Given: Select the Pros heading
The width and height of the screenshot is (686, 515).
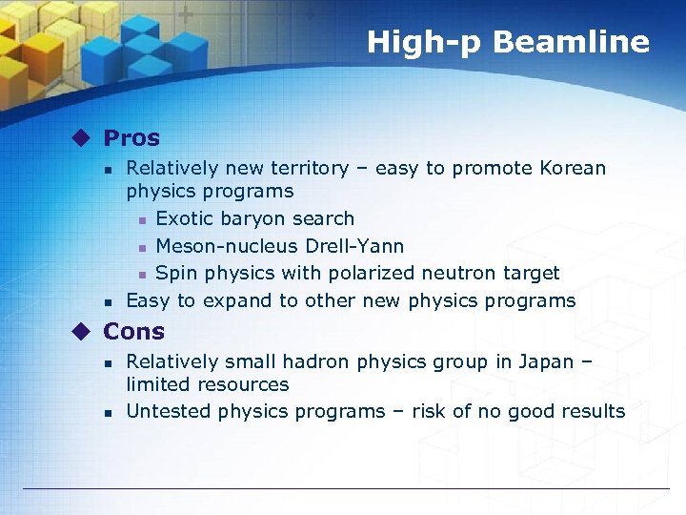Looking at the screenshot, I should [x=131, y=138].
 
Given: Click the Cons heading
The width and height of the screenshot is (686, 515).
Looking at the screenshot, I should [x=133, y=332].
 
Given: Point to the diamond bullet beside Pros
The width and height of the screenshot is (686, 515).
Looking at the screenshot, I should [x=85, y=138].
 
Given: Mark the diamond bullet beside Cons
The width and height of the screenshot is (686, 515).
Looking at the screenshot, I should [x=85, y=332].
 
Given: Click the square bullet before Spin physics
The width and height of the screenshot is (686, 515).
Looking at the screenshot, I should [x=139, y=275].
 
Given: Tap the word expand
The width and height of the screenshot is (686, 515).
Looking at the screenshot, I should [x=237, y=301].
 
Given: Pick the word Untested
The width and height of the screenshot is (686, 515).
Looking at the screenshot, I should [x=169, y=412].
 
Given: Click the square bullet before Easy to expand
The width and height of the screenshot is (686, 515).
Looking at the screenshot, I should [x=110, y=302].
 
